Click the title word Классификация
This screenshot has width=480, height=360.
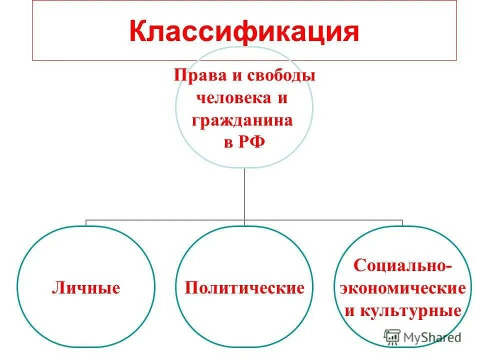(x=244, y=31)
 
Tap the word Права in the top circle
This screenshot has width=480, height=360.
(x=195, y=76)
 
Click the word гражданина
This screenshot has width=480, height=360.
(x=244, y=120)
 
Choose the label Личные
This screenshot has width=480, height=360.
(x=85, y=288)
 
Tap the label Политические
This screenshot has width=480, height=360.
(x=244, y=288)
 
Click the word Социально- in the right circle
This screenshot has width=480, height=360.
(x=402, y=265)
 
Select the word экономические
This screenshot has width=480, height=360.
(x=402, y=288)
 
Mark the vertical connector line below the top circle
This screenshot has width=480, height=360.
(x=244, y=192)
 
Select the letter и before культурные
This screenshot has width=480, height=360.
(x=349, y=311)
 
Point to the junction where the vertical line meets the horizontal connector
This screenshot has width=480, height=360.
(x=244, y=220)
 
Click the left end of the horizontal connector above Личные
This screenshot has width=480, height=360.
(x=86, y=220)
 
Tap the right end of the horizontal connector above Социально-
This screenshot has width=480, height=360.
(x=402, y=220)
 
